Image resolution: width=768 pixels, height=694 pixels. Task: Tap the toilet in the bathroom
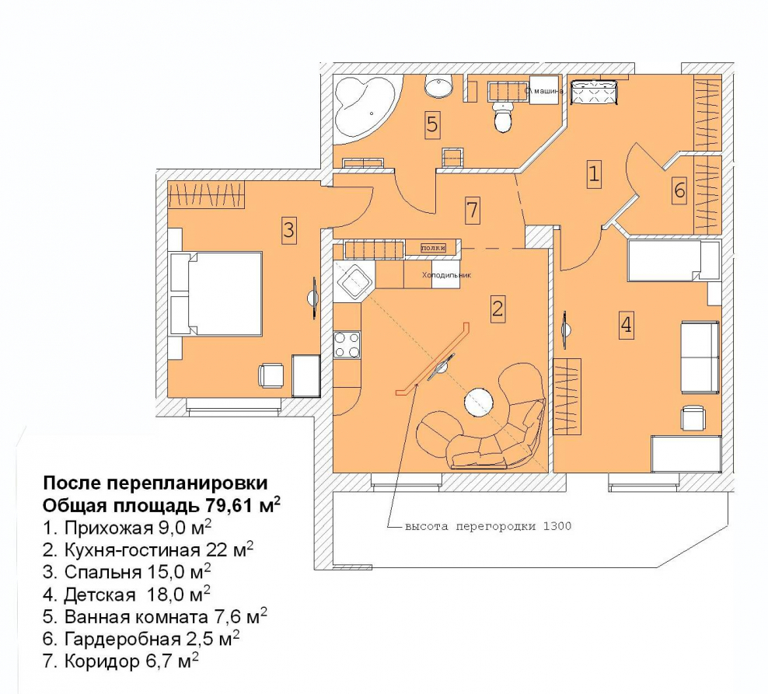point(503,119)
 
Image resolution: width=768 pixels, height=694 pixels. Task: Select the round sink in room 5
point(439,86)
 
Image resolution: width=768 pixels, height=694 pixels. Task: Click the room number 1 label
point(594,174)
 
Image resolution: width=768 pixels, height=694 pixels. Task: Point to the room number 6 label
point(679,190)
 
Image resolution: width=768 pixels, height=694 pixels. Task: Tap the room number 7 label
point(472,209)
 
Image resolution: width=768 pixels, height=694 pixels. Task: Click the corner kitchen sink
point(356,281)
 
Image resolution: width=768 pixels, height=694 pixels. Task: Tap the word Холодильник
point(446,275)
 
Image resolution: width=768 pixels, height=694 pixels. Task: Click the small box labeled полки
point(434,248)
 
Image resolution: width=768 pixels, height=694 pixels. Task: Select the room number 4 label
point(625,324)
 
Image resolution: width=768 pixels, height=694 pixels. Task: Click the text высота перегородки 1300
point(488,526)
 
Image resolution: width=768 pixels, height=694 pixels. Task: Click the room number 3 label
point(288,230)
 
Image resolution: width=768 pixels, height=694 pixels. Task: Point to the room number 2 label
point(497,309)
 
